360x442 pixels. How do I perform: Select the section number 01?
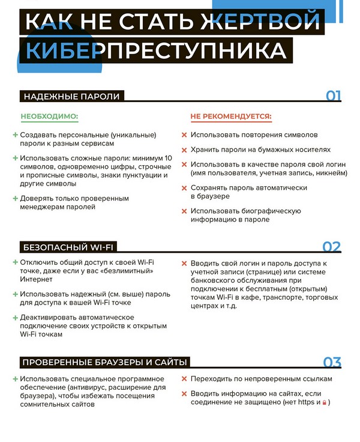click(x=333, y=96)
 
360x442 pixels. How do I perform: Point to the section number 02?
click(x=332, y=247)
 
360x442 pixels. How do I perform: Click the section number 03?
click(x=332, y=362)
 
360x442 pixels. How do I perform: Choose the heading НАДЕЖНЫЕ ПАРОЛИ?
click(x=71, y=96)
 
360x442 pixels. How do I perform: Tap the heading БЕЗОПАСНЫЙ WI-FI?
click(x=68, y=247)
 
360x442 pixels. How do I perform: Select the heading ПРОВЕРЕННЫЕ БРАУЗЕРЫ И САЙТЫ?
click(x=105, y=362)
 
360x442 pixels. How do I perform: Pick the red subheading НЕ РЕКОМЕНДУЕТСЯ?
click(x=231, y=116)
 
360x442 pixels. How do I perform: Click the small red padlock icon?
click(x=324, y=402)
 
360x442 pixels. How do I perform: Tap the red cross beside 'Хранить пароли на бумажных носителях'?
click(x=185, y=150)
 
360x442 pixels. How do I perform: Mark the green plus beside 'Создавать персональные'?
click(x=15, y=135)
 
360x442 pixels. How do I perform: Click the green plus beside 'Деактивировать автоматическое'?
click(x=15, y=317)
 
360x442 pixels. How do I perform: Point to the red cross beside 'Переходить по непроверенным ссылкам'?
click(x=185, y=380)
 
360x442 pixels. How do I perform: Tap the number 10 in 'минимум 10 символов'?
click(x=168, y=158)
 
